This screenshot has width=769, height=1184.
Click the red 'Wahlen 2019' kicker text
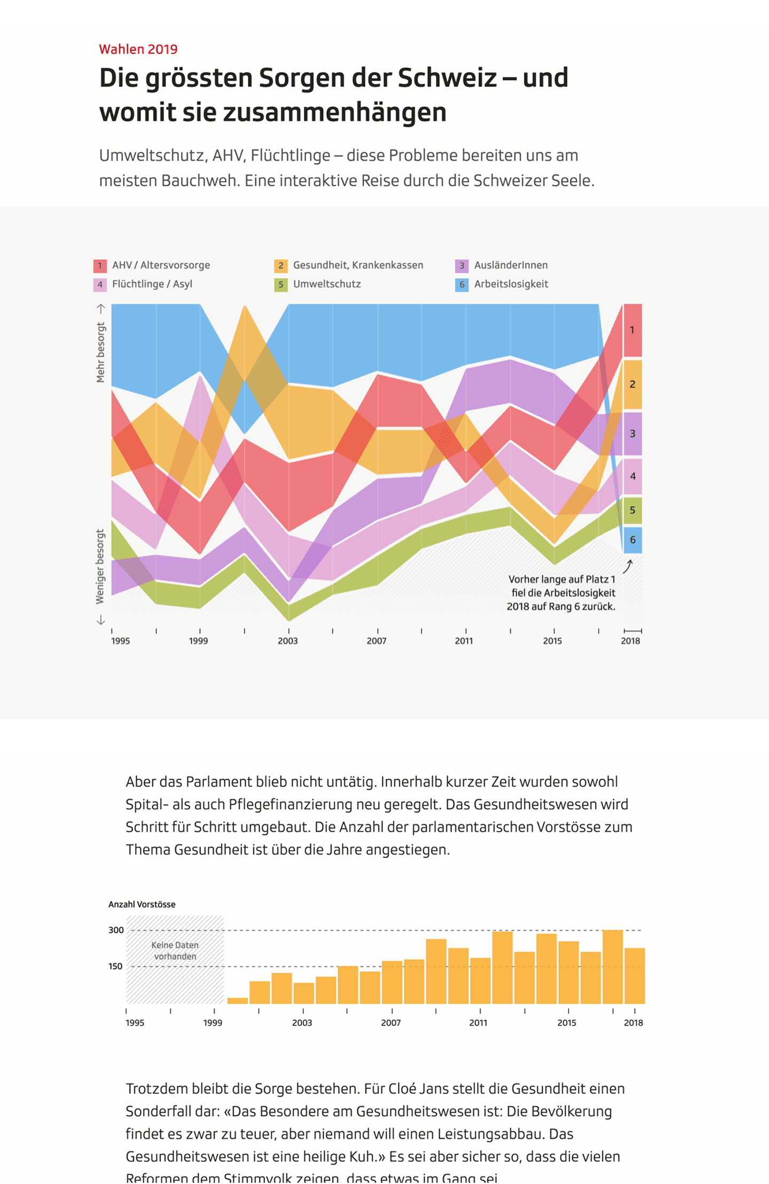(138, 49)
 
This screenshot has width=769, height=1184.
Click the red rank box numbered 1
(632, 330)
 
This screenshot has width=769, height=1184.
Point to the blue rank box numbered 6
(633, 540)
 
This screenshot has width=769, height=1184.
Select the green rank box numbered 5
(633, 510)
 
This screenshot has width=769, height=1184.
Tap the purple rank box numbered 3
(633, 434)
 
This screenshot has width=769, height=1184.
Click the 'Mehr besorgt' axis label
(100, 352)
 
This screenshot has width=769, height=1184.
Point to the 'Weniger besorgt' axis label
(100, 567)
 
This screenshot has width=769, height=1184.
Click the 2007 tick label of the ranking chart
(376, 641)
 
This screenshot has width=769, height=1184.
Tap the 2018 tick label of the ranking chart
(630, 641)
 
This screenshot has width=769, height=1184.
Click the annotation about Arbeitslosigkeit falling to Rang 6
(561, 593)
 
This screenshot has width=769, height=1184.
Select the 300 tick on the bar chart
(116, 930)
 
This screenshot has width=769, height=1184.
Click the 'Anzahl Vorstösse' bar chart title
(142, 904)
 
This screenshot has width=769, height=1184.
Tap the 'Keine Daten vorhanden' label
(175, 951)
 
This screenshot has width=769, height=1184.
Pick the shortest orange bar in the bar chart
(238, 1001)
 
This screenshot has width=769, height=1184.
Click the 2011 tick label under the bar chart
(478, 1023)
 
